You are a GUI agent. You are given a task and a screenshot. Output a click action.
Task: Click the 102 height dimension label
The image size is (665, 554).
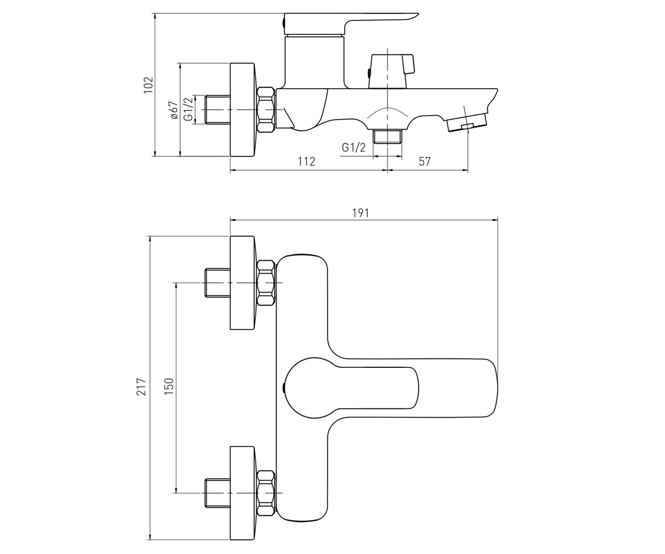(149, 85)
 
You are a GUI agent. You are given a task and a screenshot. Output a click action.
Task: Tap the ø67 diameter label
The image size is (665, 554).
(174, 110)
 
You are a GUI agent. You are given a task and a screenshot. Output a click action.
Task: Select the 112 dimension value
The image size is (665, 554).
(306, 161)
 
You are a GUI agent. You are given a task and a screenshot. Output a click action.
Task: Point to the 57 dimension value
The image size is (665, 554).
(424, 161)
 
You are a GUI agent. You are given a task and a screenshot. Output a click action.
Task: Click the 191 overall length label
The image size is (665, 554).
(360, 213)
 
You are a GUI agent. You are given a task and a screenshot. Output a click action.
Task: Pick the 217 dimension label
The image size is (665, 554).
(141, 387)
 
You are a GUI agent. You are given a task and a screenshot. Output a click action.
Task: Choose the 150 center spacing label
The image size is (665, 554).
(169, 386)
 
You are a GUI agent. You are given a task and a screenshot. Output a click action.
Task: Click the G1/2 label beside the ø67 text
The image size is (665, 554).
(188, 109)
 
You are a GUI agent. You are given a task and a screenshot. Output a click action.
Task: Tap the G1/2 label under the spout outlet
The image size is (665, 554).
(354, 147)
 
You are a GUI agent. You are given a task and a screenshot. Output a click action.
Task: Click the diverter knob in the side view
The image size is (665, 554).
(391, 71)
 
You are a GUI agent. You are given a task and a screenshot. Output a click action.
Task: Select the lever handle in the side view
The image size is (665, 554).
(350, 24)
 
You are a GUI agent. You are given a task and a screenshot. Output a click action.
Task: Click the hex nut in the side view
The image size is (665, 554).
(266, 110)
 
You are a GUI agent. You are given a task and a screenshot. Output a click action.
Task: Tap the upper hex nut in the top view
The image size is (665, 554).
(266, 283)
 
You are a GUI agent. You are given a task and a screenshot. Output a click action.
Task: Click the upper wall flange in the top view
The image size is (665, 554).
(243, 283)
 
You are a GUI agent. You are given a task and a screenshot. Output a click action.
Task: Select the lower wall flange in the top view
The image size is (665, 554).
(243, 493)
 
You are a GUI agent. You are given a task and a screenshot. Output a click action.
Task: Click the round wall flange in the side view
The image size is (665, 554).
(243, 110)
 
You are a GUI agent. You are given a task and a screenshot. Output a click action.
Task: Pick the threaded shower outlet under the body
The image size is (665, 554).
(387, 136)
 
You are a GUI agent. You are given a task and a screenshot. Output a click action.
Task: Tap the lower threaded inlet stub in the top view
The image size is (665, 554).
(218, 493)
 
